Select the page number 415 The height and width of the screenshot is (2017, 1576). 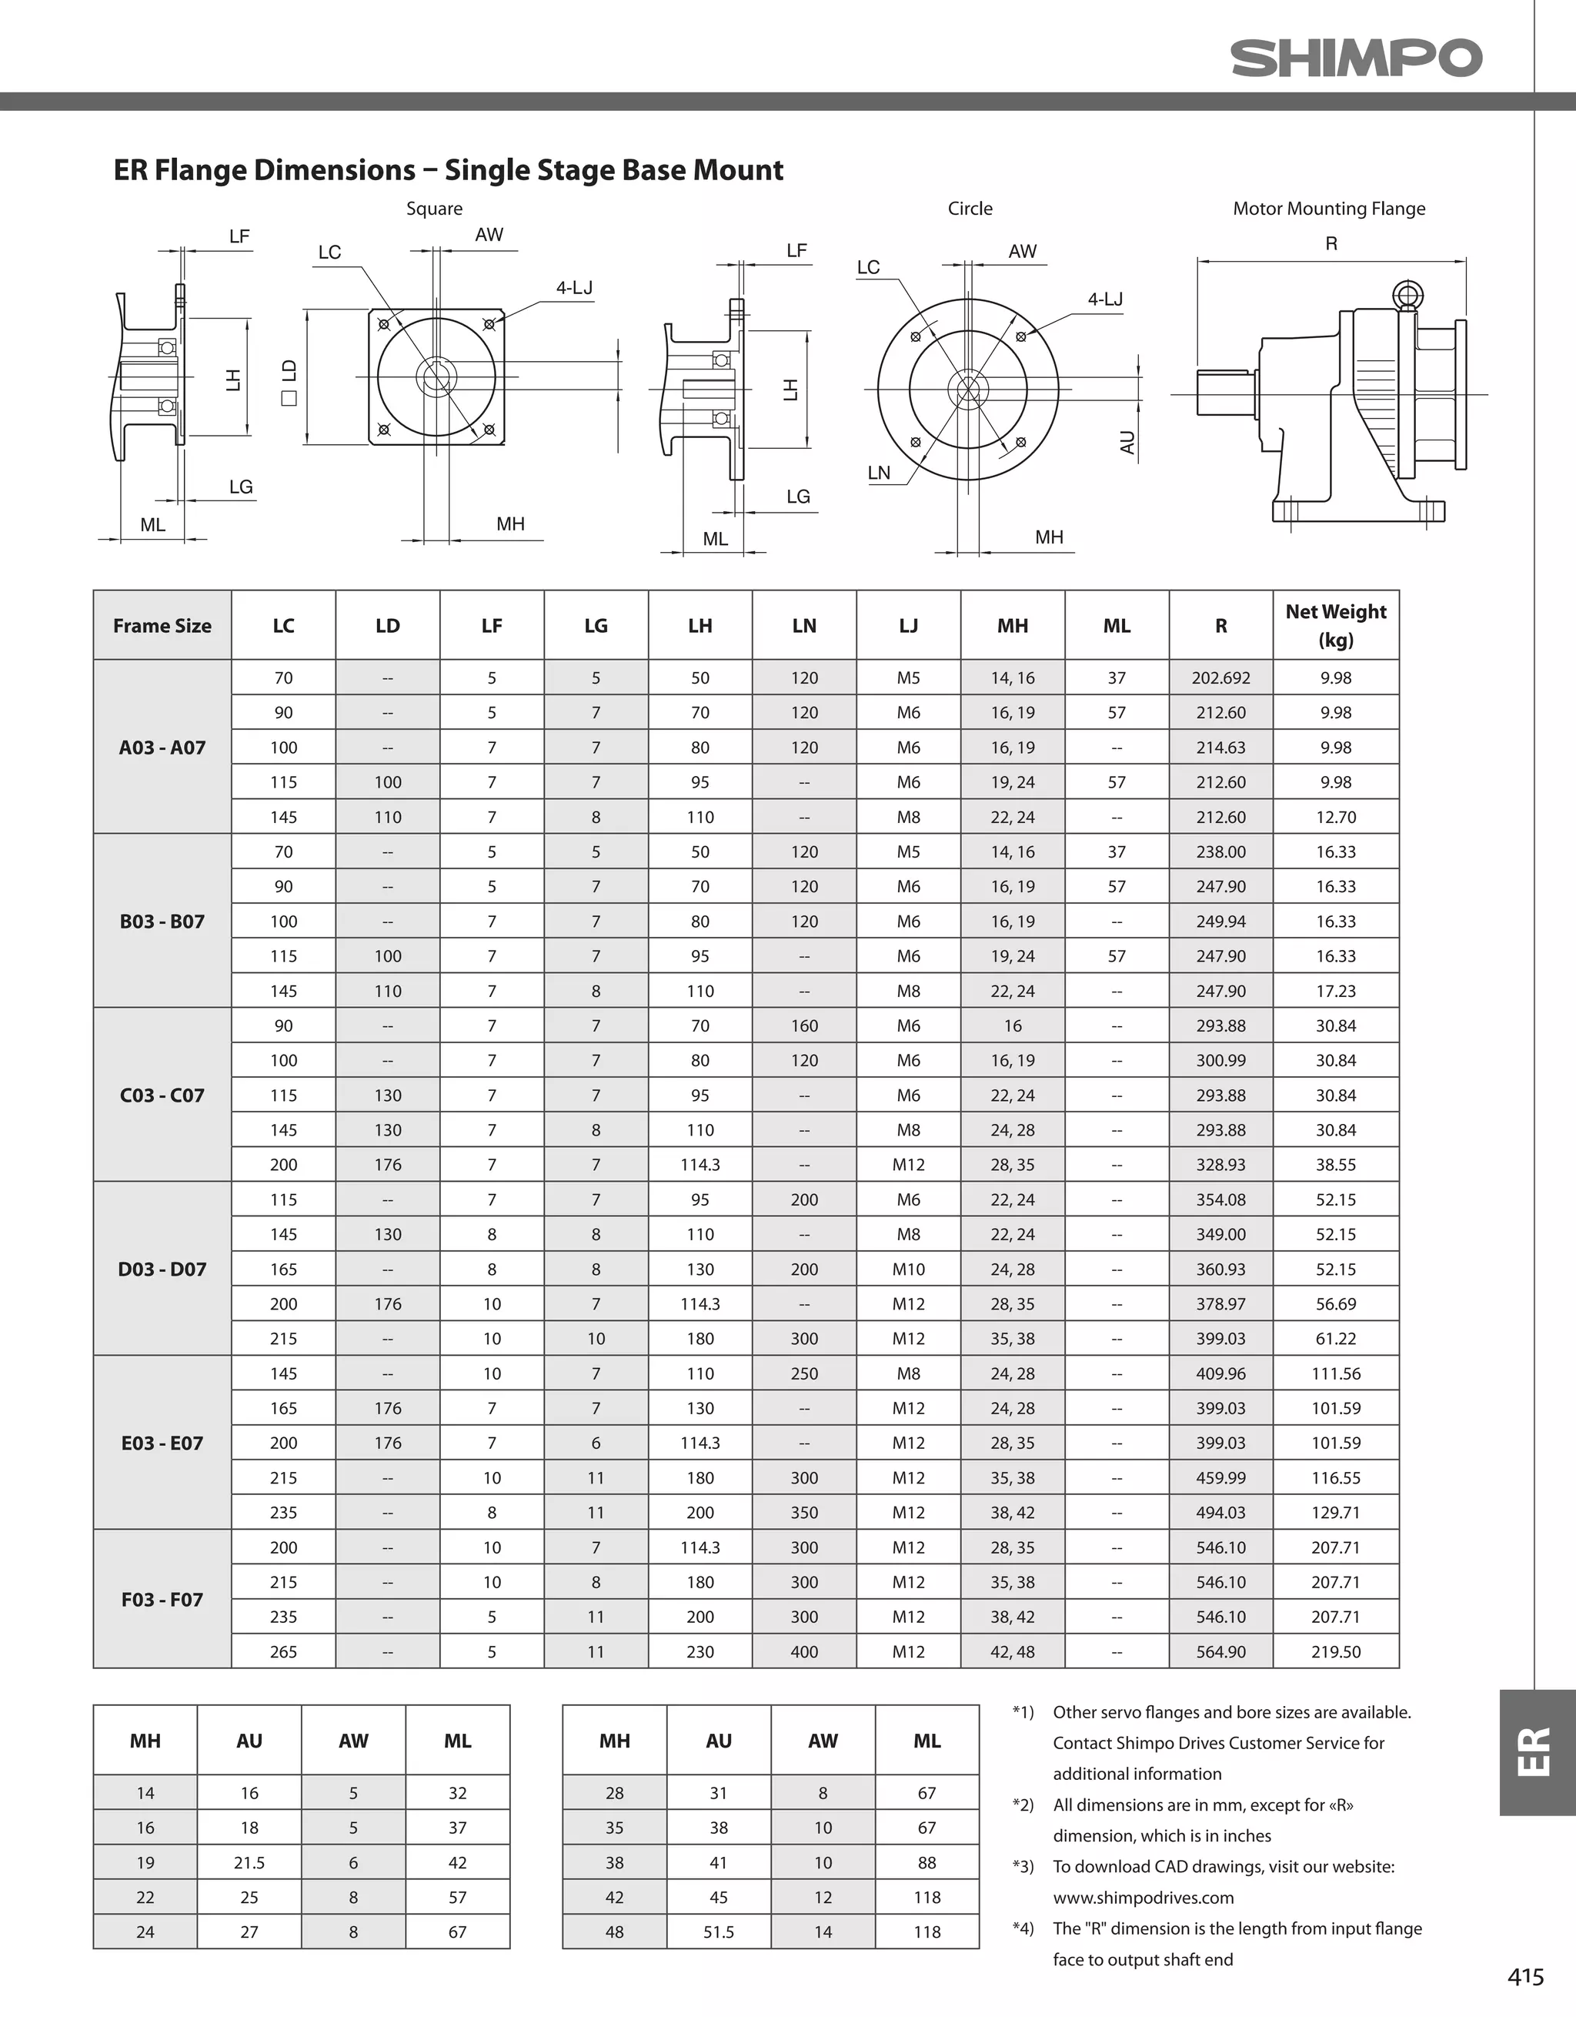[x=1525, y=1976]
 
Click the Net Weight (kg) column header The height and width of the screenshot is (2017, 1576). [x=1335, y=625]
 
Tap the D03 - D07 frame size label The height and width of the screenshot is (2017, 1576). [x=162, y=1269]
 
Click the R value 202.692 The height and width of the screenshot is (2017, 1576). [x=1220, y=678]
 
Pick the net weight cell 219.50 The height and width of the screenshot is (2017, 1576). [x=1335, y=1651]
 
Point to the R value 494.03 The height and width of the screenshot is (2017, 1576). [x=1220, y=1513]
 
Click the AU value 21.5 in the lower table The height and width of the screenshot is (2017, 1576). [x=249, y=1863]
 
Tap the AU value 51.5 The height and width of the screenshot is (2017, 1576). [x=718, y=1932]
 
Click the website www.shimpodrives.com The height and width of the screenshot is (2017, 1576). [x=1143, y=1898]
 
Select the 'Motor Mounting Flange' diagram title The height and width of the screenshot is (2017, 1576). [x=1328, y=209]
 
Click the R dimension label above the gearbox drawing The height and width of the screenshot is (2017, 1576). [x=1331, y=244]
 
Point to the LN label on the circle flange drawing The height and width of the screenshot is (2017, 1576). [x=879, y=473]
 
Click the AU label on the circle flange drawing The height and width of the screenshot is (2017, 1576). [x=1127, y=443]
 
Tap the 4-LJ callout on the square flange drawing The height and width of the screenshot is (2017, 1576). [x=573, y=288]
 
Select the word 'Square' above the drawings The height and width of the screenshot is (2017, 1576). [x=434, y=209]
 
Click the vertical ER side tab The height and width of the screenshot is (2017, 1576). [x=1536, y=1752]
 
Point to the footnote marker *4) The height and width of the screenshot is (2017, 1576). [x=1022, y=1928]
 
